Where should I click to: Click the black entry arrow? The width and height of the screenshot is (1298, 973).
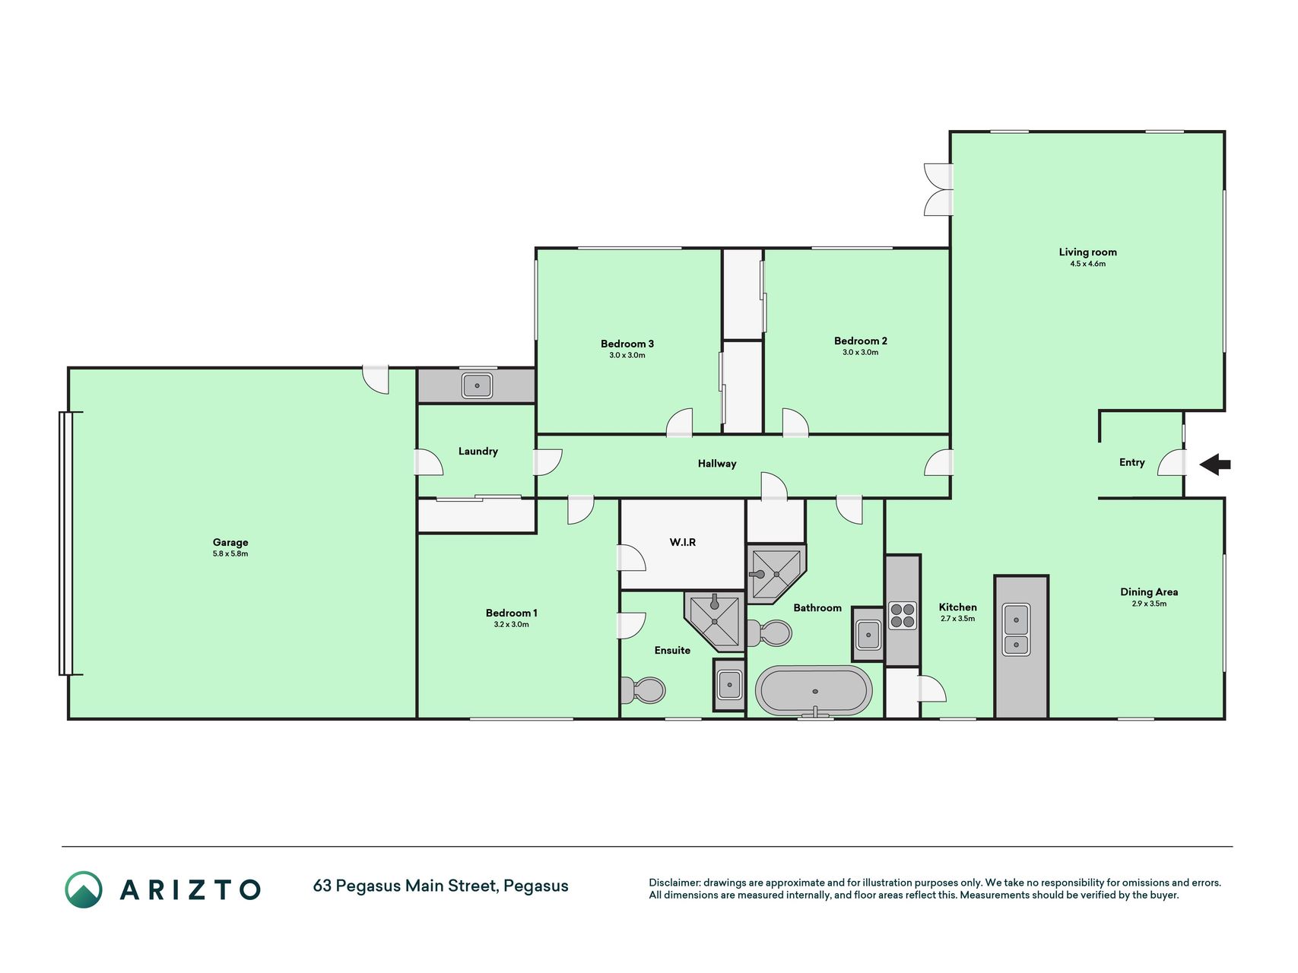(x=1215, y=464)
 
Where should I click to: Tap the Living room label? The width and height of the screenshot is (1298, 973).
(x=1087, y=252)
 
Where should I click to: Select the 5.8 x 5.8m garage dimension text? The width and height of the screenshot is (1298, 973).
(x=230, y=554)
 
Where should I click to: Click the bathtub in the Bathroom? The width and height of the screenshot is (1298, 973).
(x=814, y=691)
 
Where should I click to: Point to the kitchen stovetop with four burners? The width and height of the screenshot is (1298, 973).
(x=903, y=616)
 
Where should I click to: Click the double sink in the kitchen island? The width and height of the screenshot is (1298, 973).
(x=1017, y=629)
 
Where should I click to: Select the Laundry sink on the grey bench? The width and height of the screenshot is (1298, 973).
(x=477, y=386)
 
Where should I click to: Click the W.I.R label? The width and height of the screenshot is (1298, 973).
(x=683, y=543)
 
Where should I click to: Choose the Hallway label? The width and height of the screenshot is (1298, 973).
(x=717, y=464)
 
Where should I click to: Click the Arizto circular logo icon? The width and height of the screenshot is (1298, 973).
(x=84, y=889)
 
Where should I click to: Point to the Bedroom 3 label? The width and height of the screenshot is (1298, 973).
(x=627, y=344)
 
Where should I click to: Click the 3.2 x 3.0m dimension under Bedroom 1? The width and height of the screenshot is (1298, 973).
(x=511, y=625)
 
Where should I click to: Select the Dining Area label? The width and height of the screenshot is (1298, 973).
(x=1149, y=592)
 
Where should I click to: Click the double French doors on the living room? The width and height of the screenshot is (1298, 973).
(x=939, y=189)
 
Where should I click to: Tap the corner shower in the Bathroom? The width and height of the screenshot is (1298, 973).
(x=775, y=573)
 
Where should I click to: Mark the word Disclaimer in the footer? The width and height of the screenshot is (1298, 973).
(x=674, y=883)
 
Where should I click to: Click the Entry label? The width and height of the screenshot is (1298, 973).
(x=1131, y=462)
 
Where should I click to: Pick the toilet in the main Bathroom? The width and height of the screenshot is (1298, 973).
(x=770, y=632)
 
